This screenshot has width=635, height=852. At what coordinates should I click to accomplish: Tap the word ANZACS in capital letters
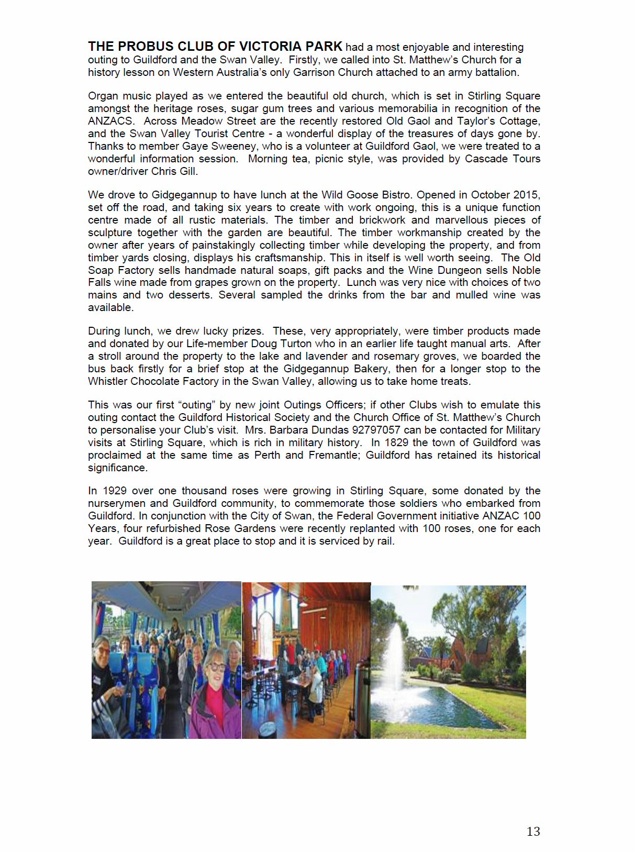pos(110,121)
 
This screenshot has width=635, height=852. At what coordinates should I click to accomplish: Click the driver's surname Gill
pos(187,171)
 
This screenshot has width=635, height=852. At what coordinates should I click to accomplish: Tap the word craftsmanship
pos(290,258)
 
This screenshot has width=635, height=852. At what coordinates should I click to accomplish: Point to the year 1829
pos(397,442)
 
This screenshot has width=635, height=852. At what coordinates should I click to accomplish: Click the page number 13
pos(533,831)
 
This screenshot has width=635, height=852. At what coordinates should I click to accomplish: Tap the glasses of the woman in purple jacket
pos(216,667)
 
